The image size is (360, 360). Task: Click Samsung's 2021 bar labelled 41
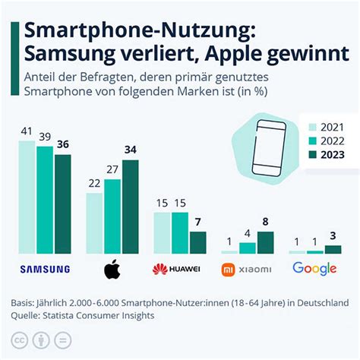tap(27, 197)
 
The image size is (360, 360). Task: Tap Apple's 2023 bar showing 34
tap(130, 207)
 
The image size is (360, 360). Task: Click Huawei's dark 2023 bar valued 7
tap(197, 242)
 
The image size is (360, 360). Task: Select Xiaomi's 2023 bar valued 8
tap(265, 242)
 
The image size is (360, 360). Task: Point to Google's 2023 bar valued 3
tap(333, 248)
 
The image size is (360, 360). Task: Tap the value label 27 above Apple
tap(112, 169)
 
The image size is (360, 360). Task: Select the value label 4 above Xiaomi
tap(248, 232)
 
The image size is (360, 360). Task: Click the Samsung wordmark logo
tap(44, 269)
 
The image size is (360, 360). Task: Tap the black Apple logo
tap(112, 268)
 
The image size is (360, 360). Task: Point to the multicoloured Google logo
tap(314, 268)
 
